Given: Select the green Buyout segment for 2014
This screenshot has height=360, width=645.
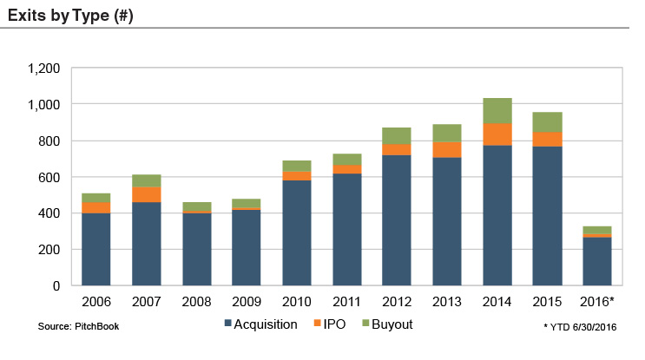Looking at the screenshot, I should pos(497,110).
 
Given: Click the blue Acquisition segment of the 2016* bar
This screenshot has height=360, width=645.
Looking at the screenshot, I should pos(596,261).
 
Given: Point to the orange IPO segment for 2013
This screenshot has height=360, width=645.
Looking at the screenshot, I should pos(447,149).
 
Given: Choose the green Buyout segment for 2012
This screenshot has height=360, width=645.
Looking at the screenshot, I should pos(397,135).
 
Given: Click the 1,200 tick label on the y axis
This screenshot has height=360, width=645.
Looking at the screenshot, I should pos(43,69).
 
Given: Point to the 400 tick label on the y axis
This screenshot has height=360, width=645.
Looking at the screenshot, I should pos(49,213).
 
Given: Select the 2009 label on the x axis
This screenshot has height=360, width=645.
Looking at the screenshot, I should pos(246,303).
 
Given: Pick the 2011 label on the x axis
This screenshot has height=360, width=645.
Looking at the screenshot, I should pos(346,303).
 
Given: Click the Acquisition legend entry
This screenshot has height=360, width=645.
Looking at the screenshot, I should pos(260,324).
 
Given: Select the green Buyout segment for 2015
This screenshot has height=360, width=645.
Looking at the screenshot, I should pos(547,122).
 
